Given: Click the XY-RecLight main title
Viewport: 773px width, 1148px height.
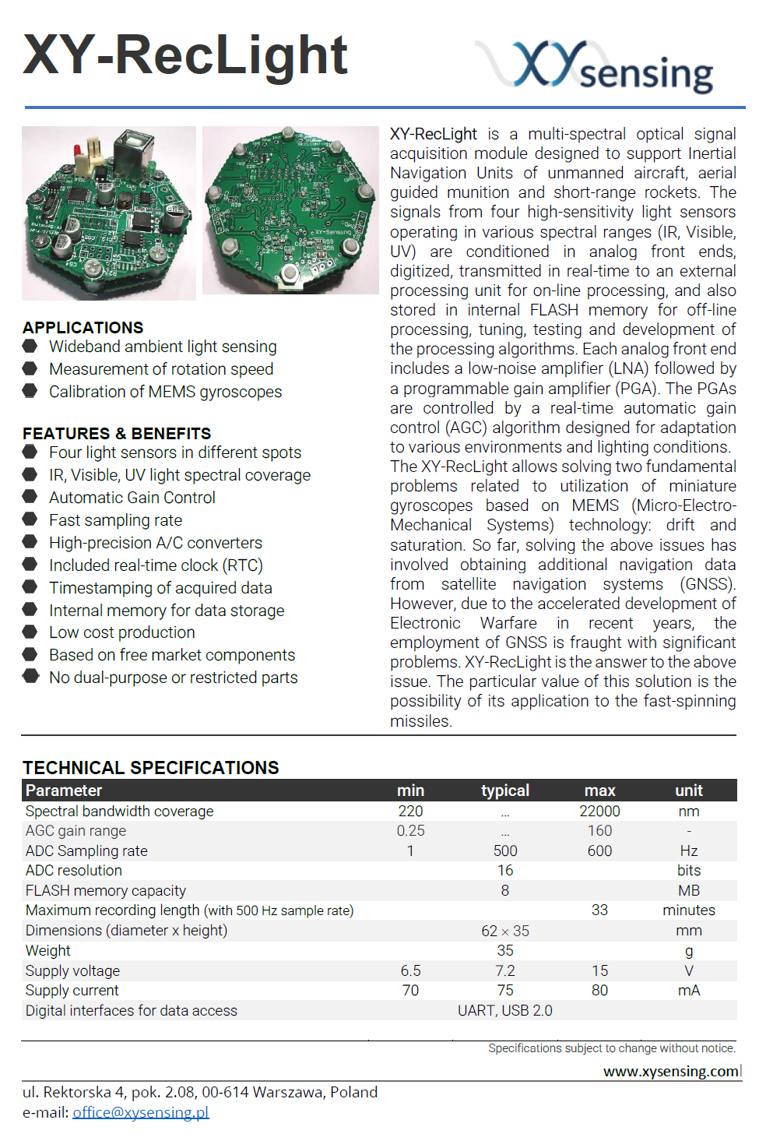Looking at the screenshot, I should (185, 56).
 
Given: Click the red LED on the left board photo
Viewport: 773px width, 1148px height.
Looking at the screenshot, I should (78, 150).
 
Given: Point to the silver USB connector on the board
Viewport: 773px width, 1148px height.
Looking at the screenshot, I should (132, 150).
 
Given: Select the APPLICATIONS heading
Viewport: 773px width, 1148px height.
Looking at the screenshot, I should (83, 328).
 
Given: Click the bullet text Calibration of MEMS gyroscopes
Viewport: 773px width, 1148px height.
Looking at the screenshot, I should (165, 392).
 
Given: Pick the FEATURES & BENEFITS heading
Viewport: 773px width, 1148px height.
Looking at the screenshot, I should (117, 434).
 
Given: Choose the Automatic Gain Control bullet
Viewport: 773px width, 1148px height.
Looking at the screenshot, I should (132, 498).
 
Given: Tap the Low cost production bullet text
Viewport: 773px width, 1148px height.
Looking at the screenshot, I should (122, 632).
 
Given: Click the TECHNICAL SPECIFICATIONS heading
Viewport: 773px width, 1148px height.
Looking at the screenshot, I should (151, 768).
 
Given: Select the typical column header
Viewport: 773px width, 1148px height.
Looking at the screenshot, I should (505, 791).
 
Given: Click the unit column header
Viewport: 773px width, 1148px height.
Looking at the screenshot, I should (689, 791).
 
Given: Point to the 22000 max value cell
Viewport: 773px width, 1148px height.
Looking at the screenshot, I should (599, 811).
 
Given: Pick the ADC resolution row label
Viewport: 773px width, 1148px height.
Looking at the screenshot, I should (74, 871).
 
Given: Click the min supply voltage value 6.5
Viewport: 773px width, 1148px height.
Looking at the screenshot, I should (410, 970).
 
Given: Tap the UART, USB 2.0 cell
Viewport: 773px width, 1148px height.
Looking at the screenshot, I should (505, 1010).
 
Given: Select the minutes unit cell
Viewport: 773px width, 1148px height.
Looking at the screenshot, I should (689, 910).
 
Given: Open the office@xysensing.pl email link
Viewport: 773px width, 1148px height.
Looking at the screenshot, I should (141, 1112).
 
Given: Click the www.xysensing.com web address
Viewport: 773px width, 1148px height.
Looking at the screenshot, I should (672, 1072).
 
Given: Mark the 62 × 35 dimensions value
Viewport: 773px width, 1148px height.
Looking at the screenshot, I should (505, 931).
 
